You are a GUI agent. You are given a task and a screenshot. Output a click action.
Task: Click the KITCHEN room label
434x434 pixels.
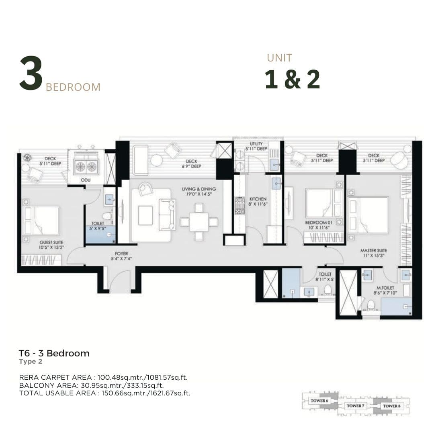point(258,199)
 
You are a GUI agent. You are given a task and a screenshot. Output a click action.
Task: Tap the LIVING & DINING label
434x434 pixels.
point(199,189)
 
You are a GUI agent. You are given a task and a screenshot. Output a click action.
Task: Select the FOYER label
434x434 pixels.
point(121,254)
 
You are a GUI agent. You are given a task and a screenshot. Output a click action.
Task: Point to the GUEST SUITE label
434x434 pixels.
point(51,242)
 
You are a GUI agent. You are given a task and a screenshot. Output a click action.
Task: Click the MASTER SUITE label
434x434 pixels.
point(374,250)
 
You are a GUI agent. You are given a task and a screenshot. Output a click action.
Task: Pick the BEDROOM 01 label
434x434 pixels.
point(319,223)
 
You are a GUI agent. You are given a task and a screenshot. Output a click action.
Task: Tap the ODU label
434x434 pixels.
point(86,180)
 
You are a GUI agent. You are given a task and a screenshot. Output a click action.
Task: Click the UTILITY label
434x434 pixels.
point(256,143)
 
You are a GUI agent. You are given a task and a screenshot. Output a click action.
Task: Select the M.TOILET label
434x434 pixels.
point(385,288)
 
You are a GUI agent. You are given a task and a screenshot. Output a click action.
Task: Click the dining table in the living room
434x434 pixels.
point(199,222)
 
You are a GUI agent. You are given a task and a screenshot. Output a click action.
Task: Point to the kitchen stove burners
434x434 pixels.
point(240,206)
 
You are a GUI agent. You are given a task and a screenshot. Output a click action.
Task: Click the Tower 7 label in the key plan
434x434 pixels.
point(355,406)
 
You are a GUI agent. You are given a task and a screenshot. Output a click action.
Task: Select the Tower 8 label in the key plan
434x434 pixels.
point(392,406)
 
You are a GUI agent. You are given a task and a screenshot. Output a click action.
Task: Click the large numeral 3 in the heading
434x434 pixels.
point(31,73)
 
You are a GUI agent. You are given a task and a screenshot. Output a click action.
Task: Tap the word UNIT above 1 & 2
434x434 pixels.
point(280,58)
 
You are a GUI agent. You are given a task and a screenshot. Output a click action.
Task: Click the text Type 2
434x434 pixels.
point(31,362)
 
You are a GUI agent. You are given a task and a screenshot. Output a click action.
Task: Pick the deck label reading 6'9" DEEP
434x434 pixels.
point(192,166)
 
